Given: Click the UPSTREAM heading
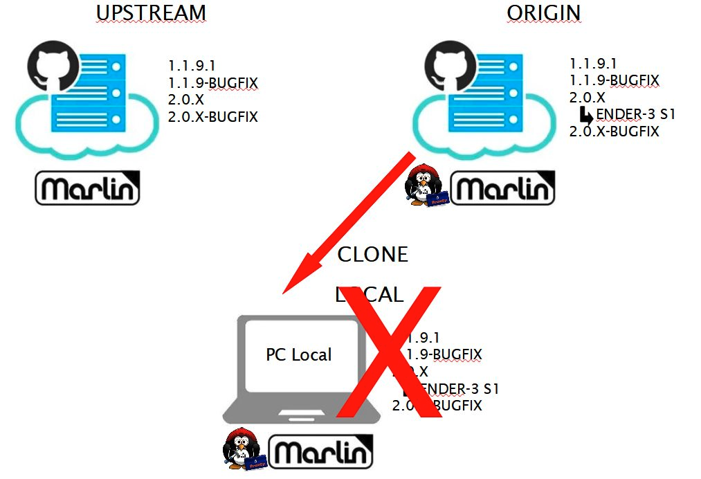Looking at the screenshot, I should tap(151, 12).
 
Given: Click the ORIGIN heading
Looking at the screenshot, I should tap(543, 12).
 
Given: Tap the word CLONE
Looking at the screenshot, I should tap(372, 255).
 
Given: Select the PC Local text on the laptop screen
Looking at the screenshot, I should tap(298, 355).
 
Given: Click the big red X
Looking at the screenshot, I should tap(389, 352).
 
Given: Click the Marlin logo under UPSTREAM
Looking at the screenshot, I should tap(87, 187).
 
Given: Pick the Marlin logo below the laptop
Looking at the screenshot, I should tap(320, 451).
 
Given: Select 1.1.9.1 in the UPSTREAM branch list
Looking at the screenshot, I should tap(192, 66).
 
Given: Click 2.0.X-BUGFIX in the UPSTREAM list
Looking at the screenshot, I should tap(212, 117).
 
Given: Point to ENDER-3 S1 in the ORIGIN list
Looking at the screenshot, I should tap(635, 114).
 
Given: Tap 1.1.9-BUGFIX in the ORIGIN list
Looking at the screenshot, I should tap(614, 81).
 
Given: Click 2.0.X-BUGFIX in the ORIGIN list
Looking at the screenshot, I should tap(614, 131).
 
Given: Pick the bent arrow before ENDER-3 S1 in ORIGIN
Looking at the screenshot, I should tap(586, 114).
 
